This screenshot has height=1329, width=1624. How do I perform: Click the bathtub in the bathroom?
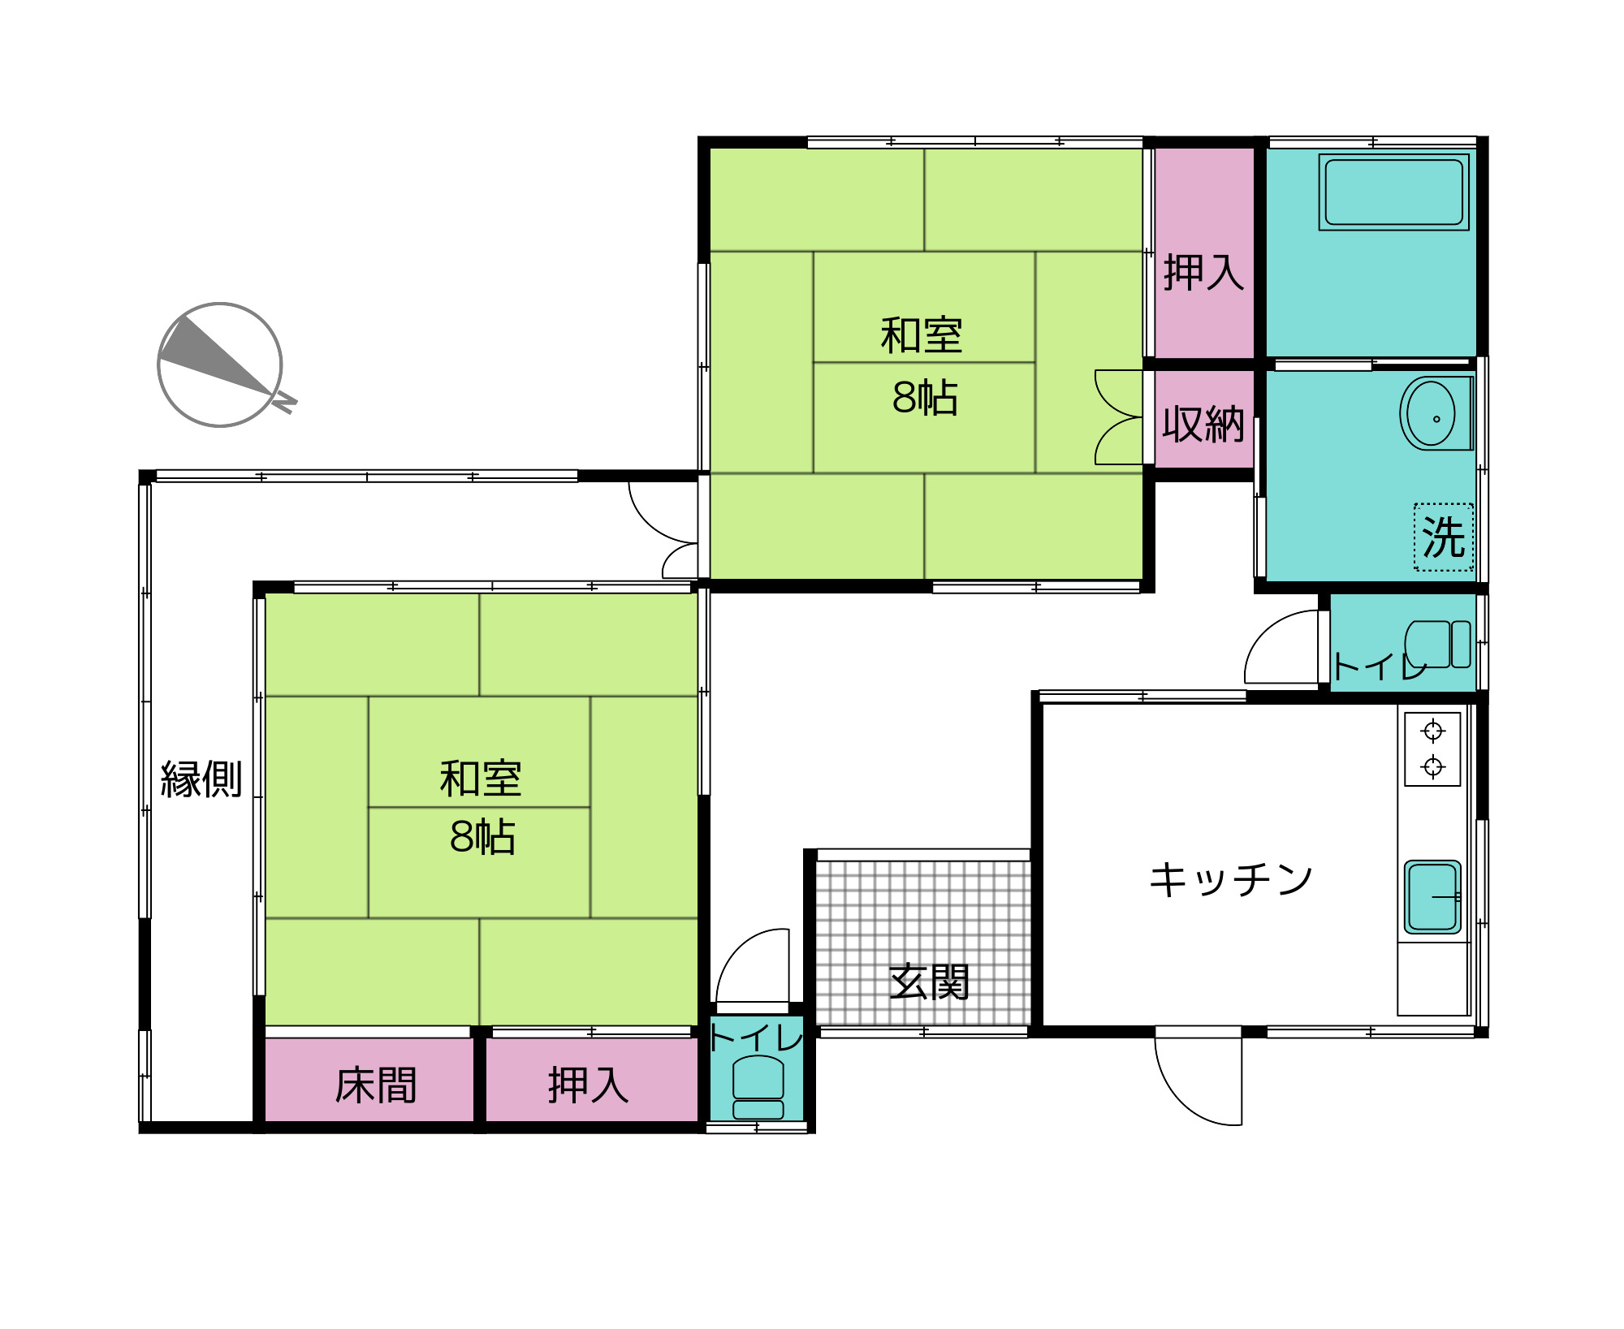pyautogui.click(x=1393, y=192)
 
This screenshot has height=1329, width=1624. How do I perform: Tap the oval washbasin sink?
pyautogui.click(x=1432, y=414)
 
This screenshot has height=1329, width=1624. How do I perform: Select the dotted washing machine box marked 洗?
pyautogui.click(x=1443, y=537)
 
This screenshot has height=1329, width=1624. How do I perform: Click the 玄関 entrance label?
pyautogui.click(x=929, y=982)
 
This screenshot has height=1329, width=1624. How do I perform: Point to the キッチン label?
pyautogui.click(x=1230, y=879)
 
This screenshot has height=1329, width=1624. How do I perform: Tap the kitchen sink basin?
pyautogui.click(x=1432, y=897)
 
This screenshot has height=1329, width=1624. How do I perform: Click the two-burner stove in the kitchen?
pyautogui.click(x=1432, y=749)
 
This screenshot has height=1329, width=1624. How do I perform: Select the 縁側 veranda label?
pyautogui.click(x=201, y=779)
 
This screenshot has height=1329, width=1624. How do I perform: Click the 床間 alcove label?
pyautogui.click(x=375, y=1085)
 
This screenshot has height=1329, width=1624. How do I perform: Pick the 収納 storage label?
pyautogui.click(x=1203, y=424)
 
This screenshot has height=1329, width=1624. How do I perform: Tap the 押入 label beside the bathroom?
pyautogui.click(x=1203, y=272)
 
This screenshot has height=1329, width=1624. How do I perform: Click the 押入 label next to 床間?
pyautogui.click(x=588, y=1085)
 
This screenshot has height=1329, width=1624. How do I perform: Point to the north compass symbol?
pyautogui.click(x=221, y=365)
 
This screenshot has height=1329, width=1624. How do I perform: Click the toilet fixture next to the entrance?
pyautogui.click(x=758, y=1086)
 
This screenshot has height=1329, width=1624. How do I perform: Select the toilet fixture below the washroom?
pyautogui.click(x=1437, y=645)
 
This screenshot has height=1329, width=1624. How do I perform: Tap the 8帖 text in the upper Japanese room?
pyautogui.click(x=924, y=398)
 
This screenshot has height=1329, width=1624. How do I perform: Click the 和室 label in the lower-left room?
pyautogui.click(x=480, y=779)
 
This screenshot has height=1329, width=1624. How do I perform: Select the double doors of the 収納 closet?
pyautogui.click(x=1119, y=417)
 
